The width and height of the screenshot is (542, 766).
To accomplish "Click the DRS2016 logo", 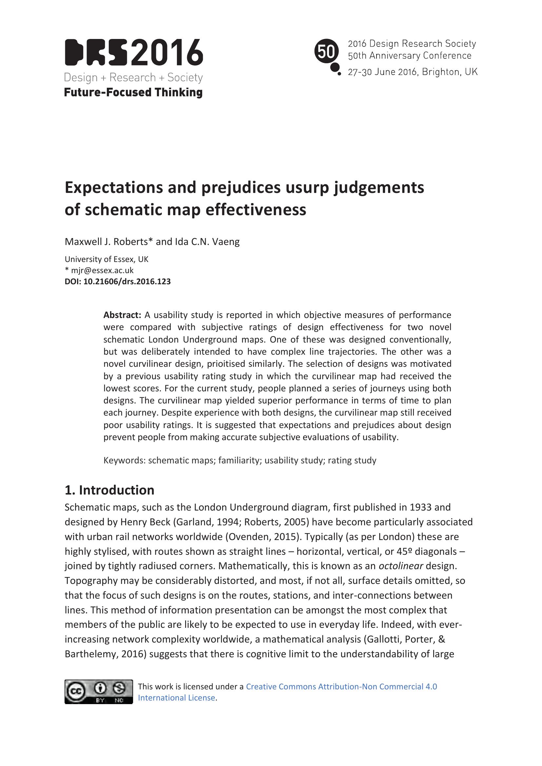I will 133,53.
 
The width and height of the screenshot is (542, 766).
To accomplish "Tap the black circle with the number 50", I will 326,52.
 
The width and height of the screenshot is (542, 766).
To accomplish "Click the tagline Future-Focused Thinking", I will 133,92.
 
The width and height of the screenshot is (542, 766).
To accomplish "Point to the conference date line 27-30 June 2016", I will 413,72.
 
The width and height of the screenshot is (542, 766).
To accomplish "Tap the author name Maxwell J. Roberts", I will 106,242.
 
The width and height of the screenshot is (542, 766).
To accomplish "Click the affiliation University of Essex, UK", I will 106,259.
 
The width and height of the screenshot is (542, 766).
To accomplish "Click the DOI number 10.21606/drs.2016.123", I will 127,282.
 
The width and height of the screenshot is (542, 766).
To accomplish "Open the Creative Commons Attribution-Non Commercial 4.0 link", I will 341,687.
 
